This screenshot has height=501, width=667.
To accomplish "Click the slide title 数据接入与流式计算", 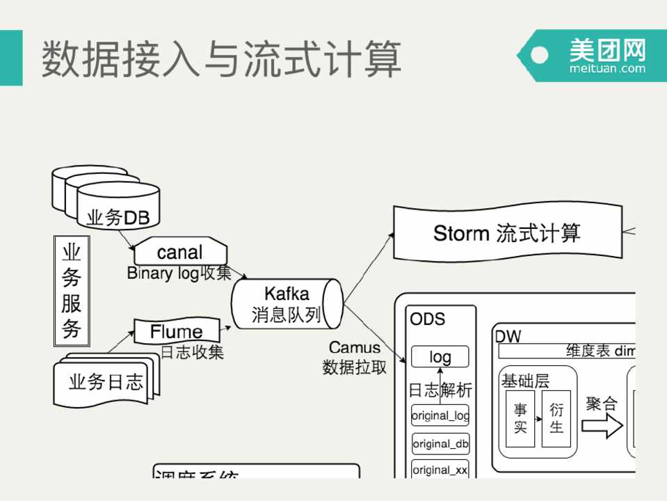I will (221, 58).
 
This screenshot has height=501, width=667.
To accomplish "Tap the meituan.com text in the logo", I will (607, 68).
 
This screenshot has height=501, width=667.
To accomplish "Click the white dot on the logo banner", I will (539, 55).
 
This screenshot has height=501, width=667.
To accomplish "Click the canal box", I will (179, 251).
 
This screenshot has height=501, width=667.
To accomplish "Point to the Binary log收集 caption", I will (179, 273).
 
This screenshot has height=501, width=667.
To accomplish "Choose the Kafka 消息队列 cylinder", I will (287, 304).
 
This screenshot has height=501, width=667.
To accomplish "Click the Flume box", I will (177, 331).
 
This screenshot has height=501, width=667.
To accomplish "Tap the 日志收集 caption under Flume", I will (192, 352).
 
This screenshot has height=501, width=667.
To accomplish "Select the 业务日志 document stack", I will (106, 381).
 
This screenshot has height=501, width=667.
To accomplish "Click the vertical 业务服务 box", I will (72, 291).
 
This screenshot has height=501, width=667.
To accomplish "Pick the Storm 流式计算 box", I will (507, 233).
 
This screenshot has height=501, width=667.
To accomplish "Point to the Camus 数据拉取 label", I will (355, 357).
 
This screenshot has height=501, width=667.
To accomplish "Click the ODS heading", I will (427, 319).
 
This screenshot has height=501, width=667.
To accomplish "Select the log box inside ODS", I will (440, 357).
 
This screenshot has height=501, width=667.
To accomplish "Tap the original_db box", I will (440, 443).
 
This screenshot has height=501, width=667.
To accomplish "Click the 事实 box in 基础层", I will (520, 418).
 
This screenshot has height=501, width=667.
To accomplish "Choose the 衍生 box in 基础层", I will (556, 418).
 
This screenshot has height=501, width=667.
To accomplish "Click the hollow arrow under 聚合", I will (602, 425).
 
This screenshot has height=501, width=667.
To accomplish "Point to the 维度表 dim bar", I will (567, 351).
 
